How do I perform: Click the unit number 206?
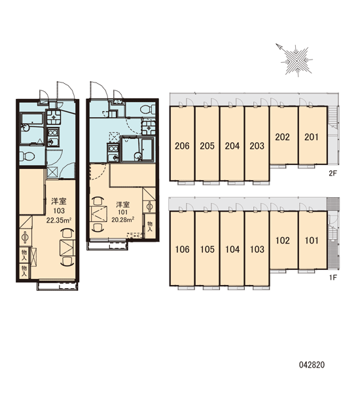182,146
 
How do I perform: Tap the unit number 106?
182,250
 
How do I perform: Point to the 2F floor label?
333,173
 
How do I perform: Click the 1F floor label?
333,278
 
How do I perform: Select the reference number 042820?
312,365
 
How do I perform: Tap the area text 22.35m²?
59,220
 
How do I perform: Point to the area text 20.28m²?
123,220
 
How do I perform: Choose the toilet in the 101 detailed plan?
147,109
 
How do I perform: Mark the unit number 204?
232,146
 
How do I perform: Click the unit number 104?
232,250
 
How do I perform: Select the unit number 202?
282,137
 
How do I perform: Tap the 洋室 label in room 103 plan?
59,201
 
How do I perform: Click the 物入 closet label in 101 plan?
150,226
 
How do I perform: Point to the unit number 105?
207,250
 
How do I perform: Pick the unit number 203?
257,146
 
